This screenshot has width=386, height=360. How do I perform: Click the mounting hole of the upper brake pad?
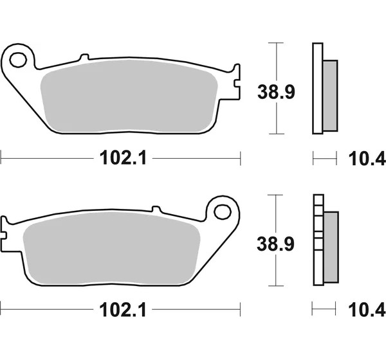click(x=18, y=60)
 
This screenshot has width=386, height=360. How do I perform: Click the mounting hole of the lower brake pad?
click(x=223, y=212)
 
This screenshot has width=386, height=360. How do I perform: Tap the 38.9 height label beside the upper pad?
click(x=276, y=92)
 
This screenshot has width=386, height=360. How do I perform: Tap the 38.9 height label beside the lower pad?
click(x=275, y=244)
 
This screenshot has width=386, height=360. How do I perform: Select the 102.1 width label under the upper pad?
click(x=123, y=157)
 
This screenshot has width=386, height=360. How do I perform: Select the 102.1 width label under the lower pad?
click(x=123, y=310)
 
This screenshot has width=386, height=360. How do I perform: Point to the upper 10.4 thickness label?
click(x=367, y=159)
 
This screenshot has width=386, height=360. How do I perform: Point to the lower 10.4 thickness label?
click(x=367, y=310)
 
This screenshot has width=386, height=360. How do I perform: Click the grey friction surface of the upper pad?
click(x=129, y=96)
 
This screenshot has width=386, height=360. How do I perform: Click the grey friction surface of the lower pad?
click(x=111, y=249)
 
